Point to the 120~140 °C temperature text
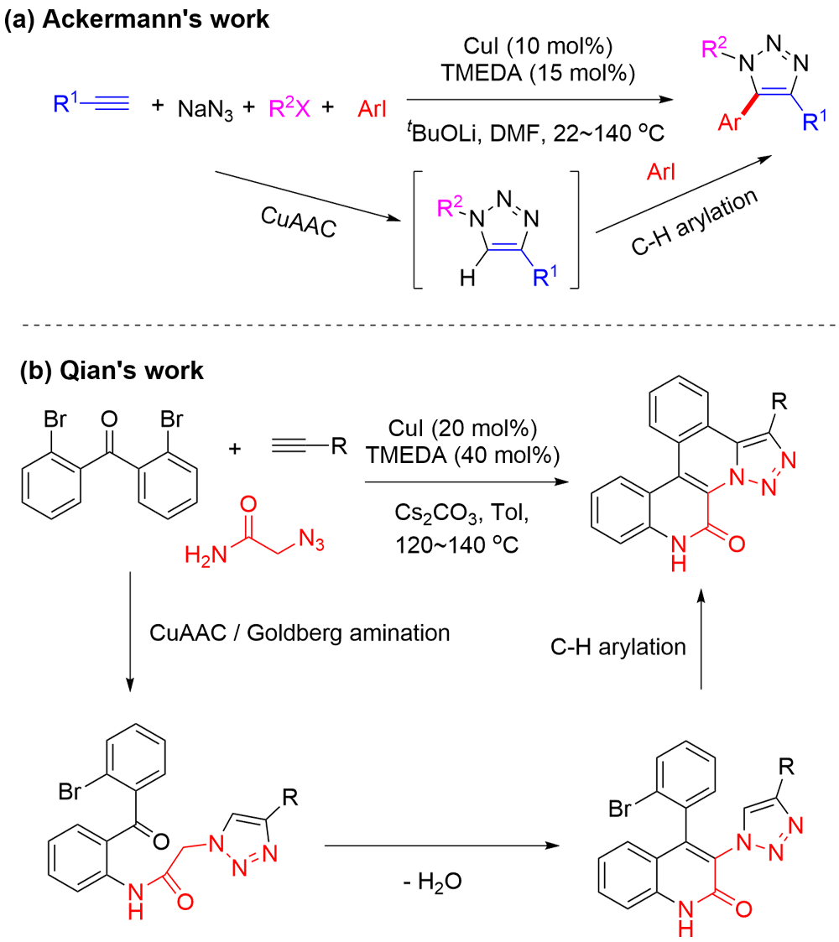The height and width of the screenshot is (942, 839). pos(456,544)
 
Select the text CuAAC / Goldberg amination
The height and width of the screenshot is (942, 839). pos(300,632)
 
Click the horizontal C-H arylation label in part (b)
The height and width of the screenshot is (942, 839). pos(618,646)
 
